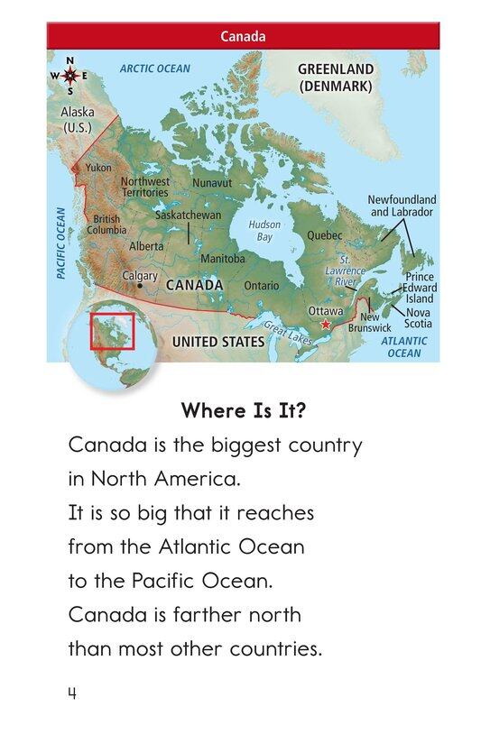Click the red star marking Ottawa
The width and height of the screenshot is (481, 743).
click(x=326, y=323)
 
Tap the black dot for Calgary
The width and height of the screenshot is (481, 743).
click(x=139, y=286)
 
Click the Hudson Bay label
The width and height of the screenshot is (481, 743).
click(x=264, y=231)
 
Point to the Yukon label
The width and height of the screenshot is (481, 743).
click(x=98, y=168)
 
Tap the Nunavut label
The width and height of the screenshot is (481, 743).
click(x=212, y=182)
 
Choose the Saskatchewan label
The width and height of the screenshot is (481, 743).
click(x=188, y=216)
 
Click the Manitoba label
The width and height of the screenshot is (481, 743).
click(x=222, y=258)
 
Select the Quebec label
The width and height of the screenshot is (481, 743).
click(x=325, y=234)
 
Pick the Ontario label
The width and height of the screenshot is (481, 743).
click(x=261, y=285)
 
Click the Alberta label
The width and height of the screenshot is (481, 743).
click(x=146, y=245)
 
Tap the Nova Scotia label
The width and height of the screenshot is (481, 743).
click(x=417, y=318)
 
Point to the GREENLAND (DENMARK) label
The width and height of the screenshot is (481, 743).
click(x=336, y=78)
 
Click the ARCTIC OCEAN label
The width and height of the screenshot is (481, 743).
click(x=155, y=69)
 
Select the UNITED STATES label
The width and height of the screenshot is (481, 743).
click(x=218, y=342)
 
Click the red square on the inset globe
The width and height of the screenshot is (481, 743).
click(x=112, y=332)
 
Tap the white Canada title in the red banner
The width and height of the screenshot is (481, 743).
click(x=243, y=37)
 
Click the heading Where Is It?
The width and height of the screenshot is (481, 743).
click(x=243, y=411)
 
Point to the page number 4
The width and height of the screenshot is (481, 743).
click(x=71, y=693)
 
